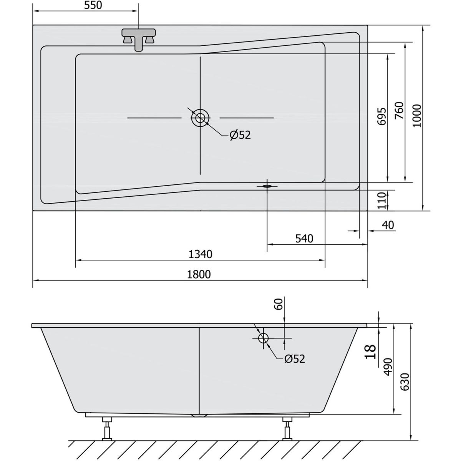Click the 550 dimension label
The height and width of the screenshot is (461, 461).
tap(93, 5)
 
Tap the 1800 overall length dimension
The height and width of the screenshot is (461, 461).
tap(199, 274)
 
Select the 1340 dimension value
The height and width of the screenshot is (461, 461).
tap(201, 254)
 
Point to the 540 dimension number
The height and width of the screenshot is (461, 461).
tap(304, 239)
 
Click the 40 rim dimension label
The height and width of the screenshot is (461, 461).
tap(388, 225)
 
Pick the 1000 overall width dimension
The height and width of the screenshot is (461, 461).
tap(417, 116)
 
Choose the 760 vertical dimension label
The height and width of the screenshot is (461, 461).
tap(399, 111)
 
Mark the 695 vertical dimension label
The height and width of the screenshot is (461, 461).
tap(381, 116)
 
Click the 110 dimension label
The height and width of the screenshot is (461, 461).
tap(382, 201)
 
